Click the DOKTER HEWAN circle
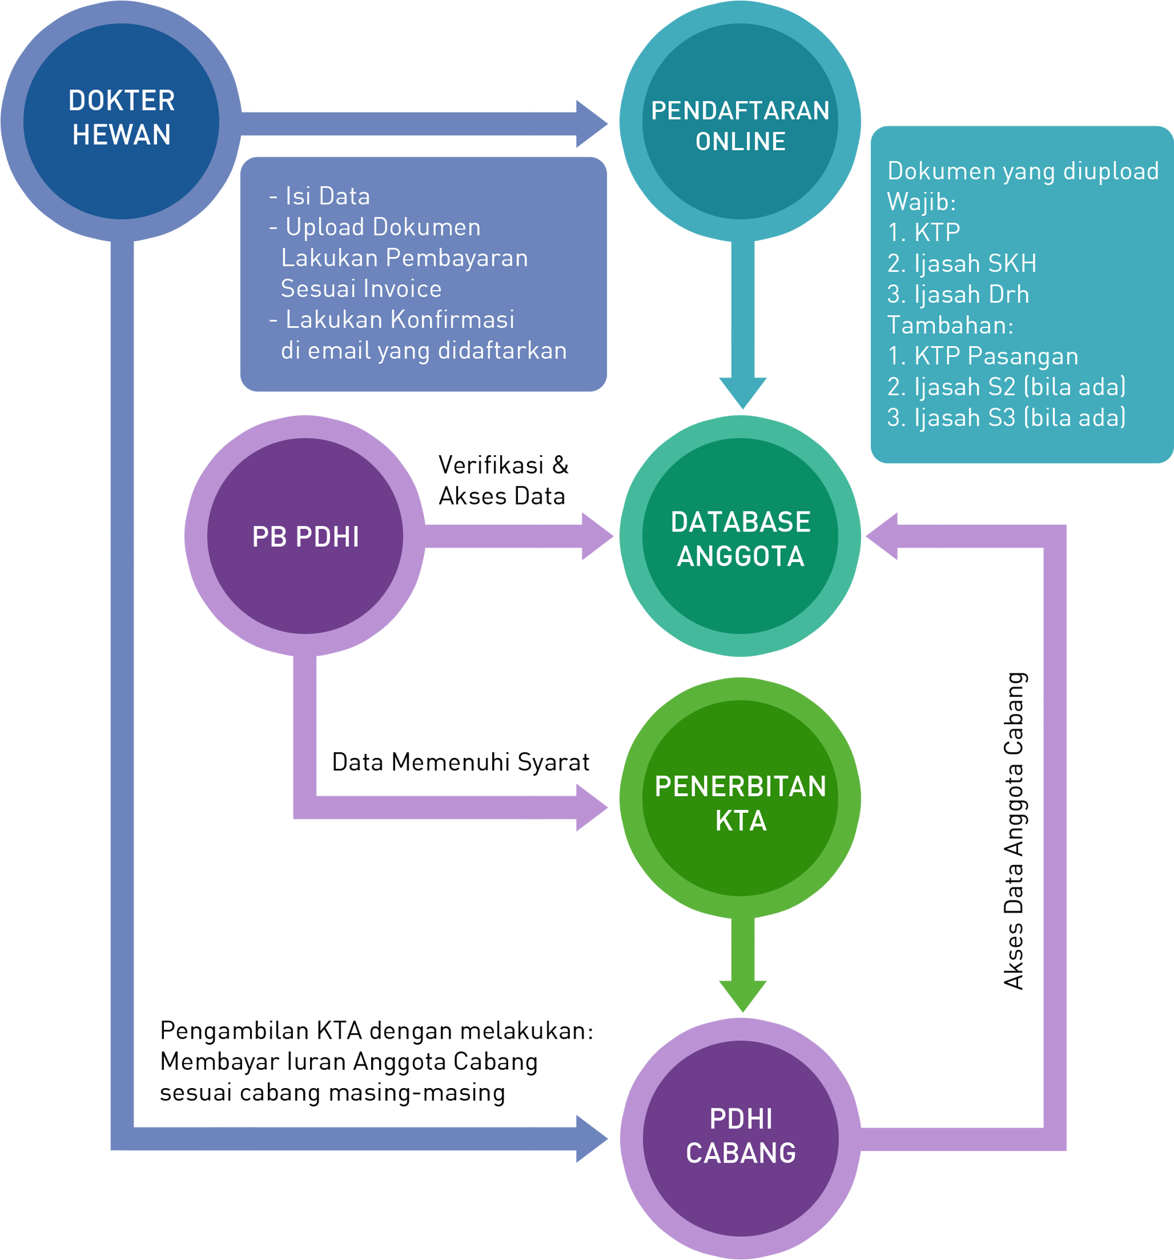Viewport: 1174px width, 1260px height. pos(121,121)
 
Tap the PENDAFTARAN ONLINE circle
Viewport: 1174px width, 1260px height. pos(740,121)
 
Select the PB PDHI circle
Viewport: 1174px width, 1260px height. pos(305,536)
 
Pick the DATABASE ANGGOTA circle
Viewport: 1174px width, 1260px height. pos(740,536)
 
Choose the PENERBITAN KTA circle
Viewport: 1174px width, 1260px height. pos(740,798)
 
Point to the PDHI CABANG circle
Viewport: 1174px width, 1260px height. pos(740,1138)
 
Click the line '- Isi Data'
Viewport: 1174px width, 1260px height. pos(319,196)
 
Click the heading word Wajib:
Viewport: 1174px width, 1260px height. pos(921,202)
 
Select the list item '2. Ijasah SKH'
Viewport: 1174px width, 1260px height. pos(962,264)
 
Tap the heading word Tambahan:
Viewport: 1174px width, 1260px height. pos(950,325)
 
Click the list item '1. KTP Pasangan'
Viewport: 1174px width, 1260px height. pos(983,356)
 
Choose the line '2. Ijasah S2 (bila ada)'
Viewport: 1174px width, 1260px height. pos(1006,387)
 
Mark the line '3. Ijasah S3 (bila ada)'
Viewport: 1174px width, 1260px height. pos(1006,418)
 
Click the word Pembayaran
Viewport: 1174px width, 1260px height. pos(457,258)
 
